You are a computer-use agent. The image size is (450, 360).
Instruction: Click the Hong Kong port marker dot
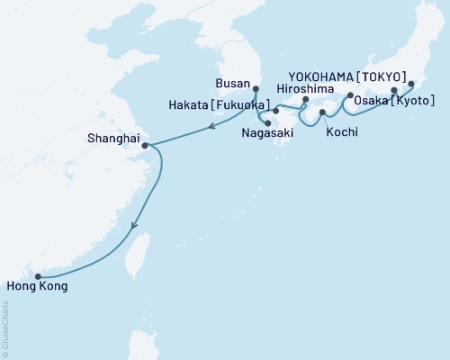pos(37,277)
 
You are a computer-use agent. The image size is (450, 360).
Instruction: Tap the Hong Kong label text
pos(36,289)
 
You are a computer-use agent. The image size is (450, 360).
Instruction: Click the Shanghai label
pos(112,139)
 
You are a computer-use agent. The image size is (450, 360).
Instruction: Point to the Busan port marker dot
pos(256,88)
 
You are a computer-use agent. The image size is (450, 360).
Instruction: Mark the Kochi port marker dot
pos(322,112)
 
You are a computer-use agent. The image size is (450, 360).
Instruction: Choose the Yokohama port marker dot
pos(411,84)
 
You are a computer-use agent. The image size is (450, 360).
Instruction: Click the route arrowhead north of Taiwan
pos(134,228)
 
